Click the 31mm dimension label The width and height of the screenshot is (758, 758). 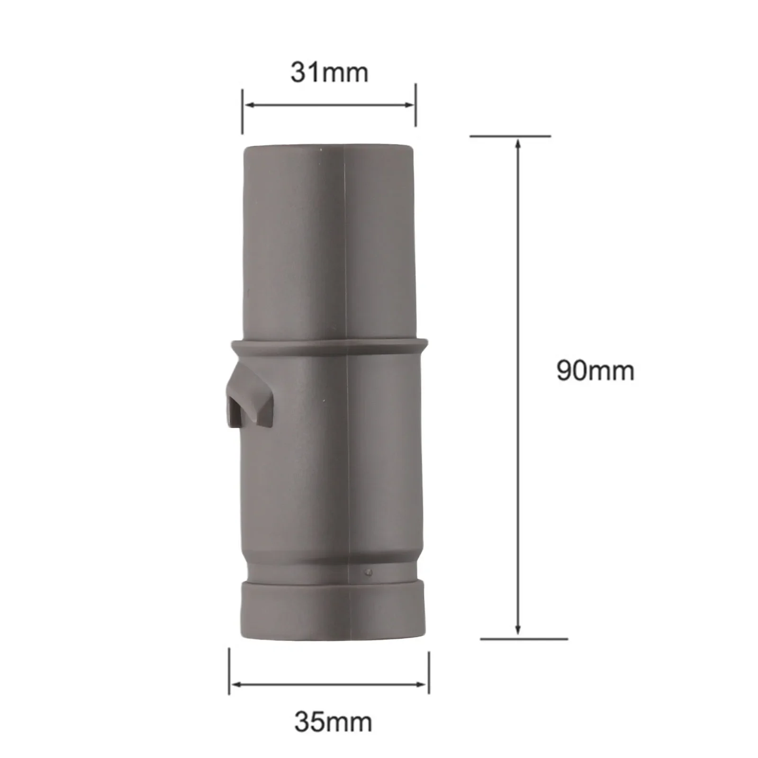329,73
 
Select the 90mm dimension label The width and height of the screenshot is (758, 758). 595,371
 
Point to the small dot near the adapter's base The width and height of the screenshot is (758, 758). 369,572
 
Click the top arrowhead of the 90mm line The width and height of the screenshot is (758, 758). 518,144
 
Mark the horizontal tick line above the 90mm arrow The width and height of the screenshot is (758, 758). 510,136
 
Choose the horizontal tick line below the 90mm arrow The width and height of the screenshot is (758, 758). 524,639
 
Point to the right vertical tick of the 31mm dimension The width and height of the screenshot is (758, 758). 415,105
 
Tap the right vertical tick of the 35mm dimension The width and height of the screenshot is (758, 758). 429,673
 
